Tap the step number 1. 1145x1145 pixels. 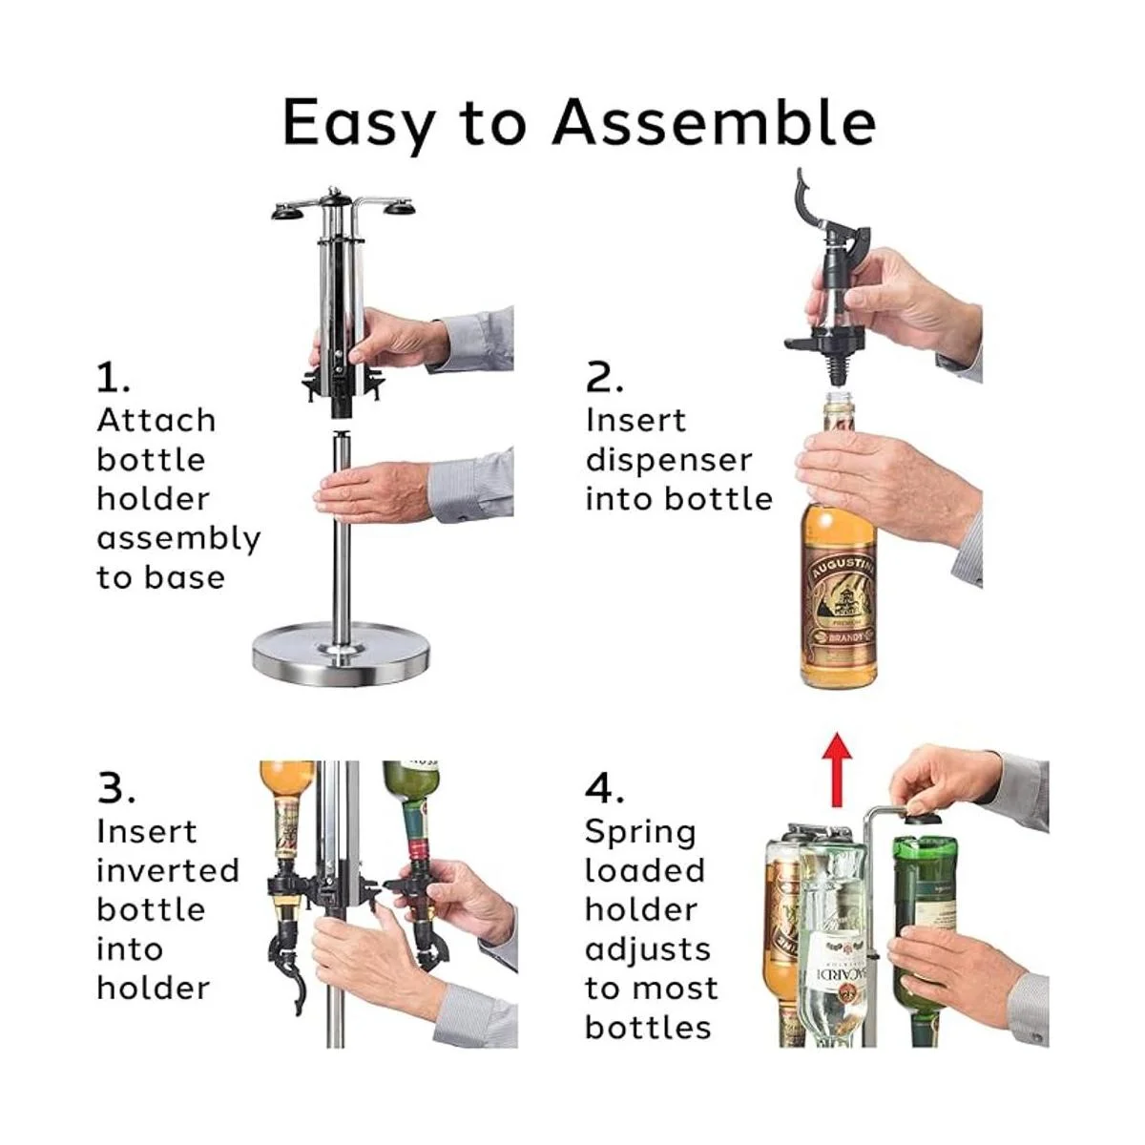113,378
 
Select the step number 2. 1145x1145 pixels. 604,378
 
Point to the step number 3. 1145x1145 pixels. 115,789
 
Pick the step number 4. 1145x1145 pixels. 605,789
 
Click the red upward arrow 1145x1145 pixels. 837,769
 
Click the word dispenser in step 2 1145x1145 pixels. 669,460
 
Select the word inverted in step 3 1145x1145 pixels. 168,870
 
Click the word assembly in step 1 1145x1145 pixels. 178,539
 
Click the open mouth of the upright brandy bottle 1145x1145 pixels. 839,396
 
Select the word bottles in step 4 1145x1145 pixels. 648,1028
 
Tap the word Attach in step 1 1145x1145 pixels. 156,421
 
